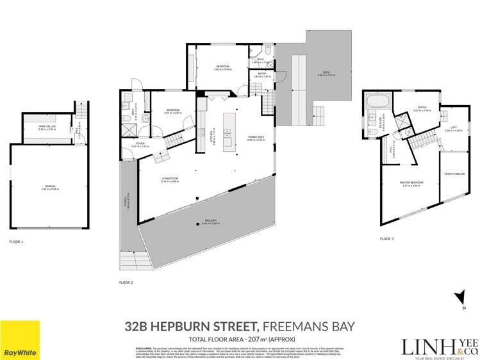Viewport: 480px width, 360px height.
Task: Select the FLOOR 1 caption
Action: [x=16, y=242]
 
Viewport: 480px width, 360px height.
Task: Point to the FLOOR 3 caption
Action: [x=386, y=238]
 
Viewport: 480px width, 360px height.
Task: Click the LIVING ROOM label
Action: [x=170, y=180]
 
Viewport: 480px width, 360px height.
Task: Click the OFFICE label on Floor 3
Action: [x=421, y=108]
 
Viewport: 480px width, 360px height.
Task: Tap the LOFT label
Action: [x=453, y=129]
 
